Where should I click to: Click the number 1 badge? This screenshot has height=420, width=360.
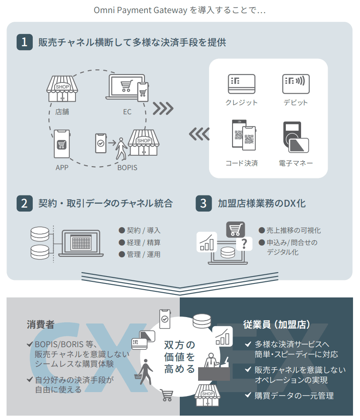(24, 42)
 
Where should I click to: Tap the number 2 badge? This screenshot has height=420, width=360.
(24, 203)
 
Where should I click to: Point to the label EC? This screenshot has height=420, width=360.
(127, 112)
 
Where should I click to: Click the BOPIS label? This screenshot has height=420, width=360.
(127, 167)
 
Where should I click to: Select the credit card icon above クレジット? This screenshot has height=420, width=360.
(241, 83)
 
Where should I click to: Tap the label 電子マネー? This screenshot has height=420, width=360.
(296, 164)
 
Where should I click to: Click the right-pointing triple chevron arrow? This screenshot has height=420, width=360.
(163, 109)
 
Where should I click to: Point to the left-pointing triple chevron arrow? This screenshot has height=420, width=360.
(199, 134)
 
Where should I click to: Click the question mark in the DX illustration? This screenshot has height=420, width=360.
(244, 244)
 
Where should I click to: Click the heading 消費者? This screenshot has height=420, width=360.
(41, 324)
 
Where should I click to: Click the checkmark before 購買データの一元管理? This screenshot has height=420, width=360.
(248, 396)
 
